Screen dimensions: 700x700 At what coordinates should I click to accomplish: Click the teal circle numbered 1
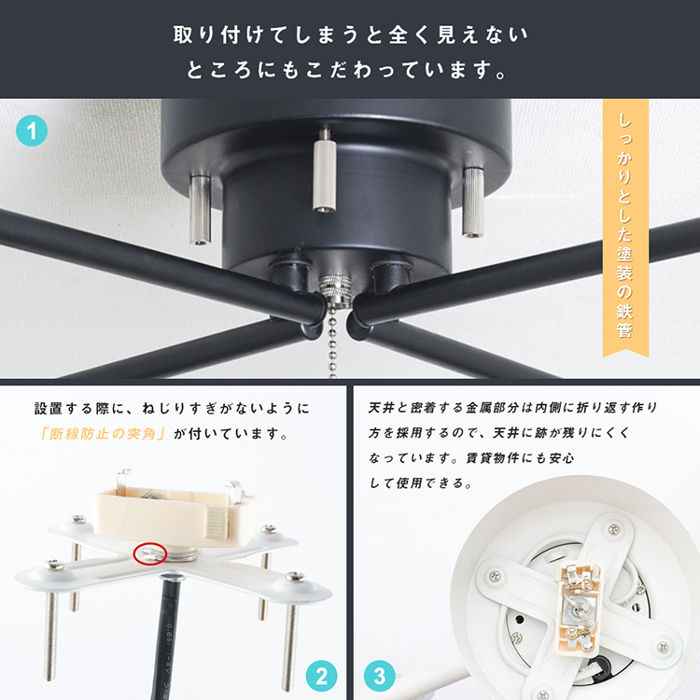32,131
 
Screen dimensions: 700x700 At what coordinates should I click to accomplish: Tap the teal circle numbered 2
321,676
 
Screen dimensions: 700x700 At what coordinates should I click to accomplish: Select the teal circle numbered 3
380,676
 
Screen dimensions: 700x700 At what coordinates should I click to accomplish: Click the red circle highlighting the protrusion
150,554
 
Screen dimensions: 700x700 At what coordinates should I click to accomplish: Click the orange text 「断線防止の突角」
103,433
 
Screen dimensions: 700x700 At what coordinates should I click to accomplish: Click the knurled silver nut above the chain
333,288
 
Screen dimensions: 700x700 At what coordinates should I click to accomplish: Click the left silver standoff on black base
201,210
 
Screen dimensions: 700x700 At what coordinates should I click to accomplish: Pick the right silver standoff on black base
473,202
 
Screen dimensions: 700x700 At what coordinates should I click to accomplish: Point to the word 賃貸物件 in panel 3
492,458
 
